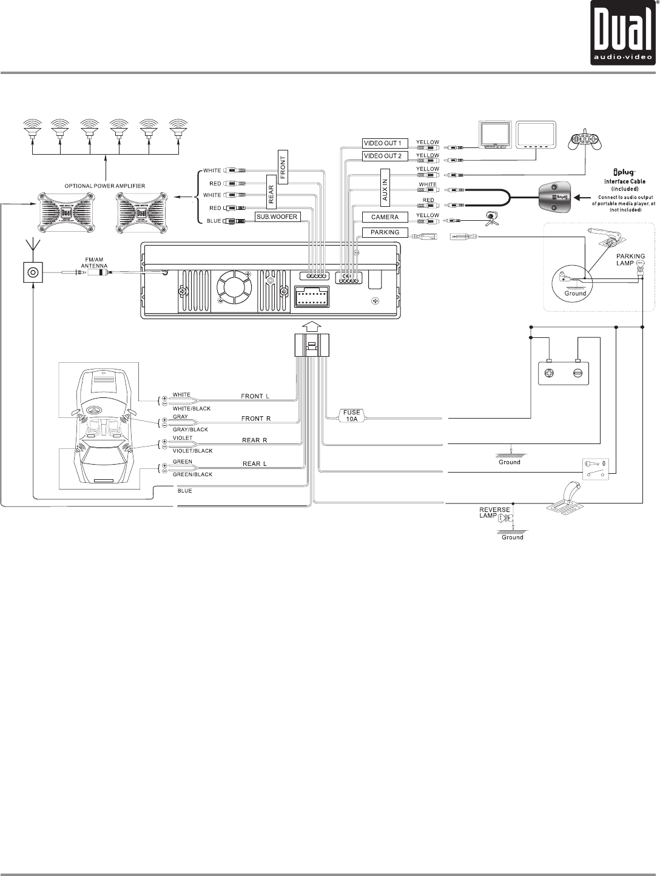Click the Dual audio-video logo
click(x=624, y=34)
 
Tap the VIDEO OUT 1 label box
click(x=382, y=143)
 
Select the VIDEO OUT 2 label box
click(x=382, y=156)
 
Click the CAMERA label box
click(x=380, y=217)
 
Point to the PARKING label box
click(x=380, y=232)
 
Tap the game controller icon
click(x=582, y=141)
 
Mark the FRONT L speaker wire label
click(x=255, y=396)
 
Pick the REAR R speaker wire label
click(x=255, y=440)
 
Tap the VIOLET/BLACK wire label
click(x=192, y=451)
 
